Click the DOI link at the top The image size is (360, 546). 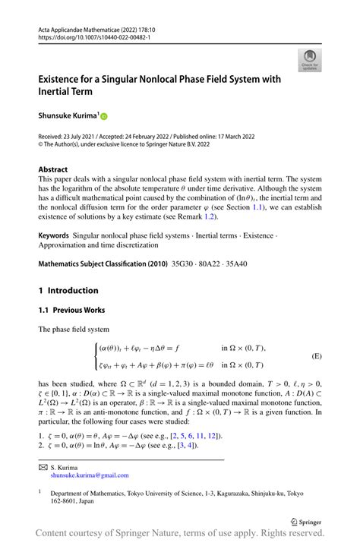pyautogui.click(x=90, y=36)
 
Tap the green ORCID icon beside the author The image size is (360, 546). pyautogui.click(x=104, y=116)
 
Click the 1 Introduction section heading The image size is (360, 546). pyautogui.click(x=68, y=290)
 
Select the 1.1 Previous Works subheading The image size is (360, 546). pyautogui.click(x=73, y=310)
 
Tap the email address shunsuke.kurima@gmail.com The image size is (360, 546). pyautogui.click(x=91, y=475)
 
